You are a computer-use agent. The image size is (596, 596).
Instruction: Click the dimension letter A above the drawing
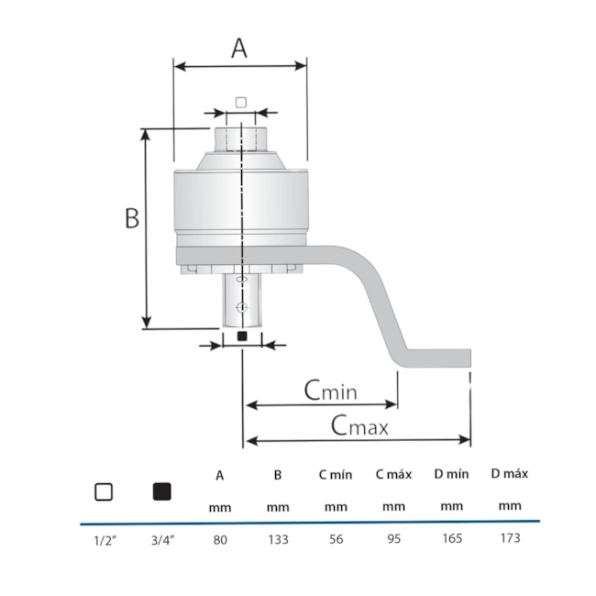coord(238,47)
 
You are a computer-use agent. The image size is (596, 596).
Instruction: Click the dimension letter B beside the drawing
coord(132,218)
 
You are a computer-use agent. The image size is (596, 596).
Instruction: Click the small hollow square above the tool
coord(240,101)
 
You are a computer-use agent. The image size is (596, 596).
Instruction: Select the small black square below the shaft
coord(242,337)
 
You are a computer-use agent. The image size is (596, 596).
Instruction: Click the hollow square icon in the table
coord(104,491)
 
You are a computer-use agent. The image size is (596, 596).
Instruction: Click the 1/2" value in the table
coord(104,540)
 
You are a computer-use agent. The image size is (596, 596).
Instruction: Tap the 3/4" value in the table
coord(161,540)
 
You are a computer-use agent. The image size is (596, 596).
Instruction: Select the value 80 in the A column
coord(220,540)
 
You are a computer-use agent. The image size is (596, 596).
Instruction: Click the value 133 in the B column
coord(278,540)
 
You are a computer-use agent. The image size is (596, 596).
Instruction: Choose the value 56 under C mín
coord(336,540)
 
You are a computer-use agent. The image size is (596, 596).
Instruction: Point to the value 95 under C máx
coord(393,539)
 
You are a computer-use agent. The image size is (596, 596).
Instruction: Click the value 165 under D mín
coord(451,539)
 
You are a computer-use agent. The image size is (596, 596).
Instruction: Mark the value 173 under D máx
coord(509,538)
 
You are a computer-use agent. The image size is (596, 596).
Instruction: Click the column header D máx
coord(509,474)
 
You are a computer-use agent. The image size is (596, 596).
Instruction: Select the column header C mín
coord(336,475)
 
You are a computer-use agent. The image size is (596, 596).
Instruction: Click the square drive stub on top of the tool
coord(240,139)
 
